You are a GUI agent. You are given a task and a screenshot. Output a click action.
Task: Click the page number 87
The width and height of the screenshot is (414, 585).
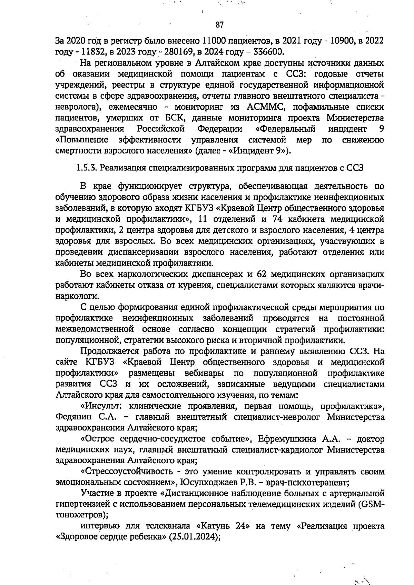coord(220,25)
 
